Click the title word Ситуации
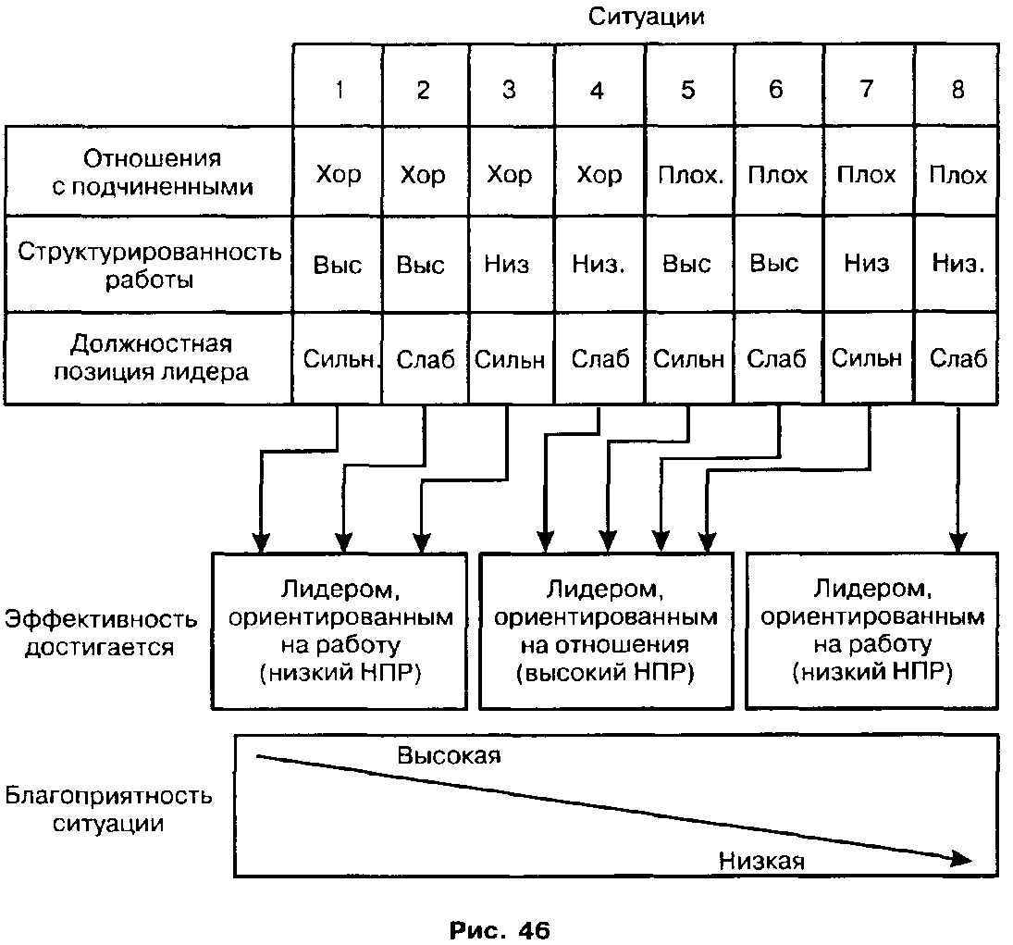[x=646, y=17]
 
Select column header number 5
[x=688, y=90]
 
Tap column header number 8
[x=957, y=89]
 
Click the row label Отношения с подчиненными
[x=153, y=172]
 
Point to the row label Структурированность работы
[x=149, y=265]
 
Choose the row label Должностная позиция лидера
[x=151, y=357]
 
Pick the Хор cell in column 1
[x=338, y=175]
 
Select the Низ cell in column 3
[x=507, y=264]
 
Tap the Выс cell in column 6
[x=774, y=263]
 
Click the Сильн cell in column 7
[x=866, y=357]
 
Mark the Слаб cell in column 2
[x=426, y=359]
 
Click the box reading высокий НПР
[x=606, y=631]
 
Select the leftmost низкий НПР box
[x=340, y=631]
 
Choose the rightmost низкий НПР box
[x=872, y=631]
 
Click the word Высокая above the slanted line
[x=449, y=755]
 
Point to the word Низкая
[x=761, y=861]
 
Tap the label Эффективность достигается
[x=101, y=633]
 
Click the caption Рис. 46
[x=500, y=931]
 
